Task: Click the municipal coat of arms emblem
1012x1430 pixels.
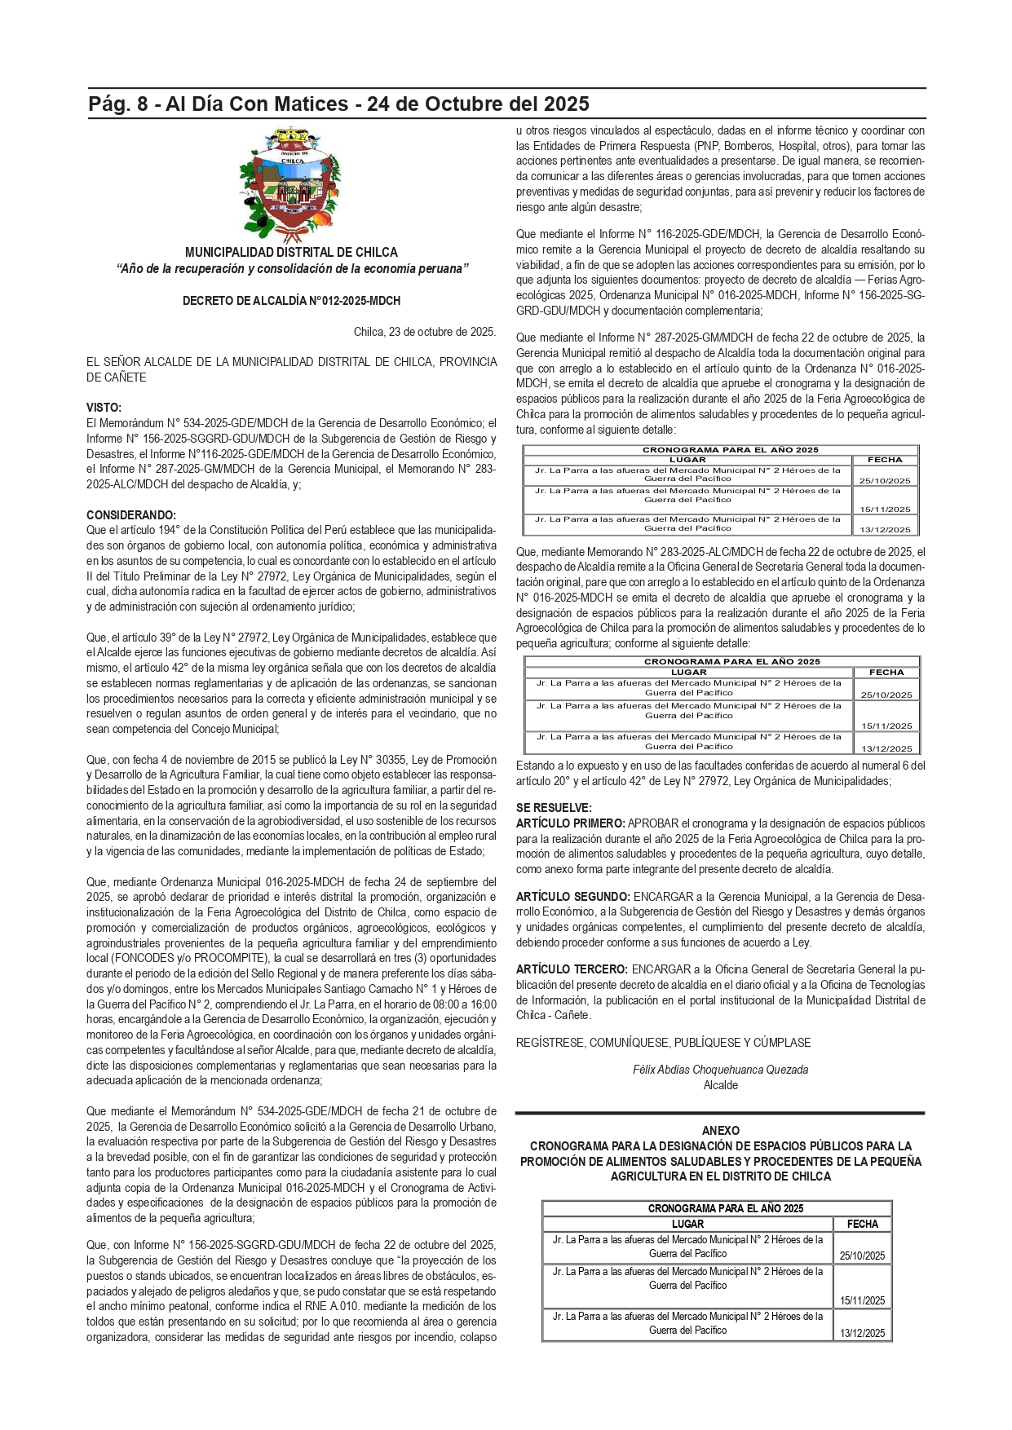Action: tap(291, 184)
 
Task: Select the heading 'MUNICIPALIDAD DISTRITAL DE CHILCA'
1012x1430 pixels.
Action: tap(291, 253)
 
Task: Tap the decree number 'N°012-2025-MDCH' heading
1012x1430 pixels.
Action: tap(291, 301)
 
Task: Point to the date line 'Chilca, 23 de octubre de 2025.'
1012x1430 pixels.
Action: tap(424, 332)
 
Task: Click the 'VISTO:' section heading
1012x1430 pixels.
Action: tap(104, 408)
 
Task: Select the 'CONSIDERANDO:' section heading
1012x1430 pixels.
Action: tap(131, 515)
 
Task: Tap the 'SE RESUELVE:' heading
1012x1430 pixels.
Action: tap(554, 808)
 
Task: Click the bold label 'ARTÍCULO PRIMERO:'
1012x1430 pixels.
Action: tap(570, 823)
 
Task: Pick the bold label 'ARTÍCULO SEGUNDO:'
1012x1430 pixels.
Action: tap(572, 897)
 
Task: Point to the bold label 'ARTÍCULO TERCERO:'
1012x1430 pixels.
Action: tap(572, 969)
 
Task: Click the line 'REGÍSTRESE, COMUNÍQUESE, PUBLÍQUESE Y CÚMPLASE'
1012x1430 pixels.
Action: tap(663, 1043)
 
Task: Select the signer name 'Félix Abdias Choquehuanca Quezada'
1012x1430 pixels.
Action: tap(720, 1070)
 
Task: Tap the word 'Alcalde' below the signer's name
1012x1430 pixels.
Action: tap(720, 1085)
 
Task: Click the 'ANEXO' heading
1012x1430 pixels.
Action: tap(720, 1131)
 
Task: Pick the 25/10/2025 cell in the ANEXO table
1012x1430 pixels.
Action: tap(862, 1256)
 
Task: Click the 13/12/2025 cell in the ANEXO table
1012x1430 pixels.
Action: tap(862, 1333)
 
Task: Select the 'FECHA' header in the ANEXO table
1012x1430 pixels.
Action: tap(862, 1224)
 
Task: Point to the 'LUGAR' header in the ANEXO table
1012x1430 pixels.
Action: tap(687, 1224)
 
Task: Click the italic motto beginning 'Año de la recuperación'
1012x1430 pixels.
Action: tap(291, 269)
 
